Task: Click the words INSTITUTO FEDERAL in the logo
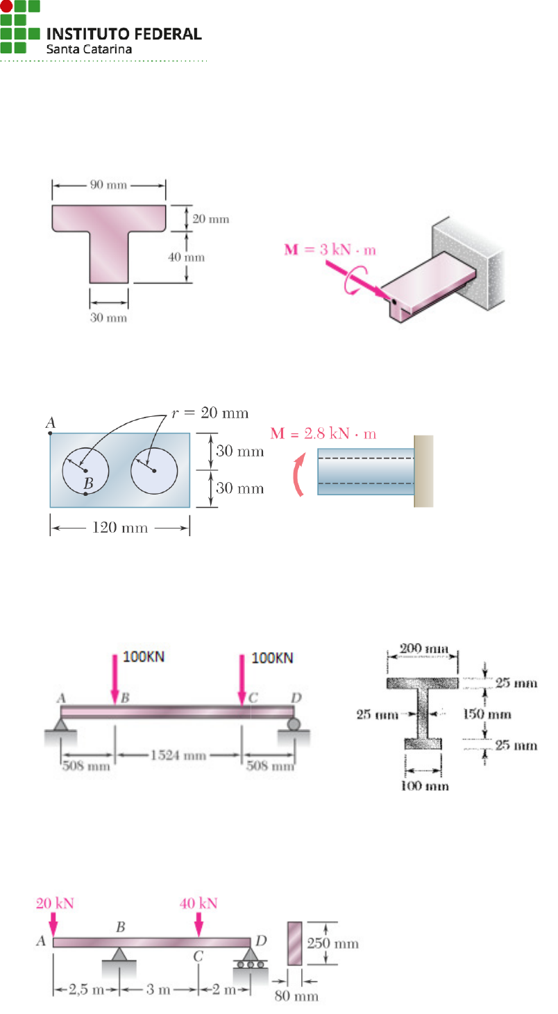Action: point(124,34)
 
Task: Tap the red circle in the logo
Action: point(6,6)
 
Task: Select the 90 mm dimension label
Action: point(108,184)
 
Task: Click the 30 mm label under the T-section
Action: point(108,318)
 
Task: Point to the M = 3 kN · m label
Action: point(330,250)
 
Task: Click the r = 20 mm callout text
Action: point(210,413)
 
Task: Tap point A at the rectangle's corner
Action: point(50,433)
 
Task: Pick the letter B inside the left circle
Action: point(88,483)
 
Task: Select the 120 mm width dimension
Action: point(120,528)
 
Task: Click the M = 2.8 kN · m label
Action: point(323,433)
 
